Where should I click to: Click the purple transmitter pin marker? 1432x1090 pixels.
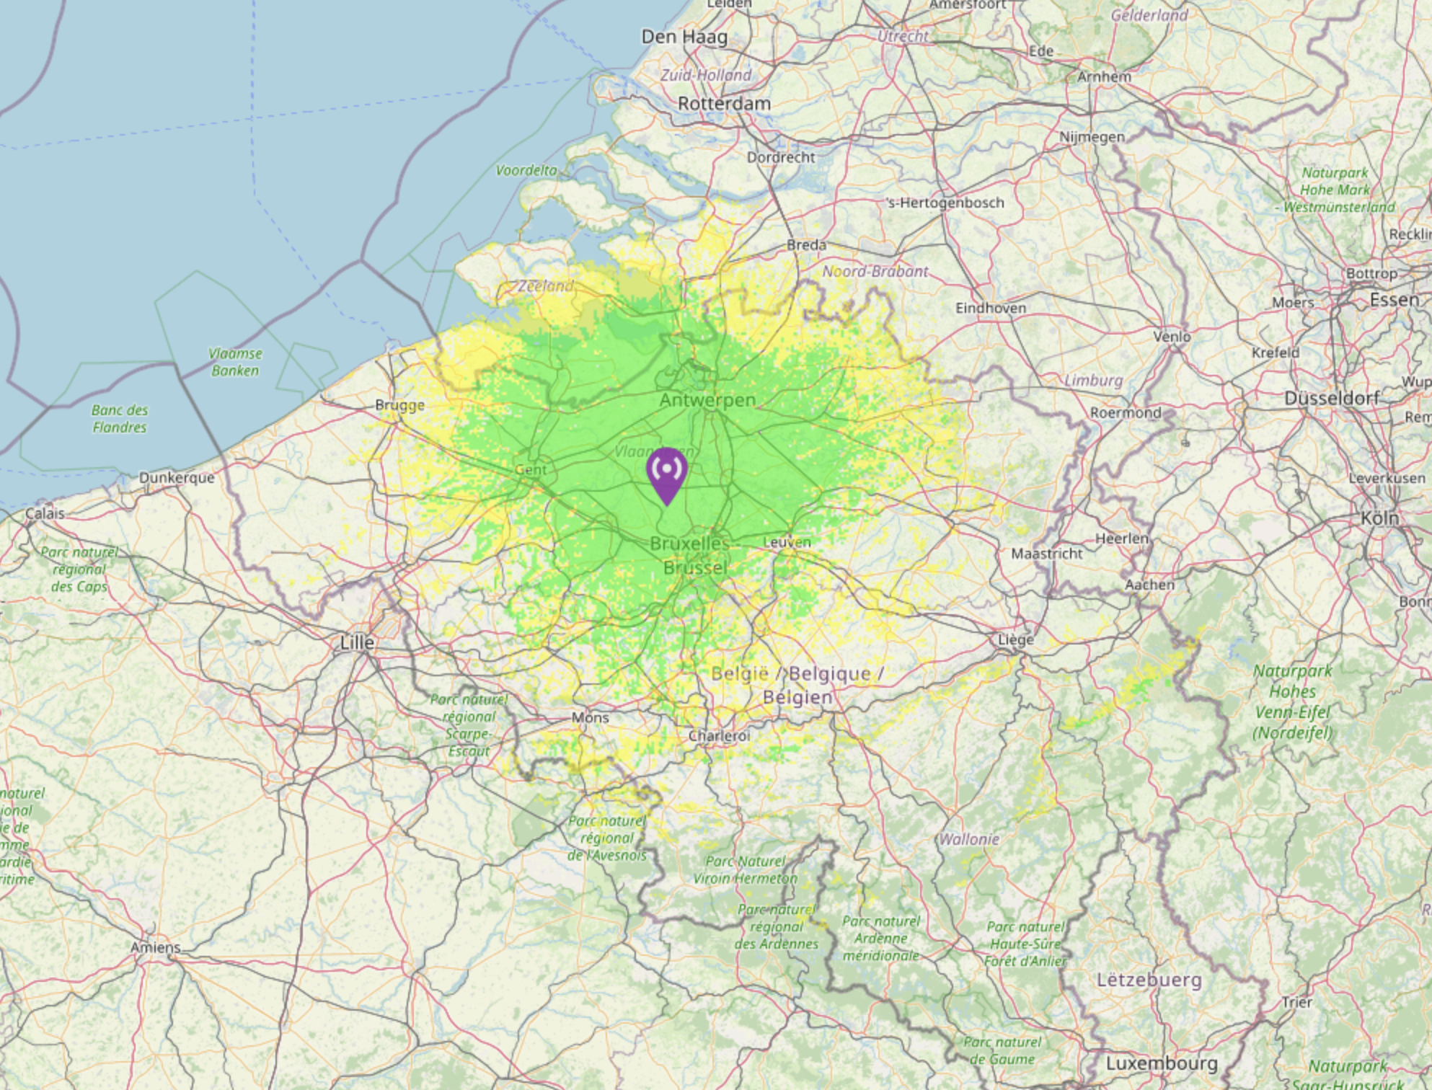click(x=667, y=473)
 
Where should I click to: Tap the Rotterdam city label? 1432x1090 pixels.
click(x=724, y=104)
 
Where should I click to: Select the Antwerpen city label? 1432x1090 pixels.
click(x=707, y=400)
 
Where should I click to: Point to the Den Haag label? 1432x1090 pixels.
click(x=684, y=37)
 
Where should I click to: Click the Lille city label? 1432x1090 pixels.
click(x=357, y=642)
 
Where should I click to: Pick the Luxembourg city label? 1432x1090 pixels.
click(x=1162, y=1063)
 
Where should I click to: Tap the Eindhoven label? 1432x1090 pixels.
click(x=990, y=309)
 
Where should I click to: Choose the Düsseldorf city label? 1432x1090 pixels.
click(x=1331, y=398)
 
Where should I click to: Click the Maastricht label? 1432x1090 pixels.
click(x=1046, y=554)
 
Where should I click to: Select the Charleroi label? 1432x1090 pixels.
click(x=719, y=736)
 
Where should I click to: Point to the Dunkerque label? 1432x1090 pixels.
click(x=177, y=478)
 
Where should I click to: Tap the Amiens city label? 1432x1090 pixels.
click(x=155, y=947)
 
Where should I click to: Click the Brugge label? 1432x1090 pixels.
click(x=399, y=405)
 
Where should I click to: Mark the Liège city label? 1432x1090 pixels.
click(x=1016, y=639)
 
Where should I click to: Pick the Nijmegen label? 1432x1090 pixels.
click(x=1092, y=137)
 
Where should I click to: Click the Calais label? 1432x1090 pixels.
click(x=45, y=514)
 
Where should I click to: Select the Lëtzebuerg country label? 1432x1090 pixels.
click(x=1149, y=980)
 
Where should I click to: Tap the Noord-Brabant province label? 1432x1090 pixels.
click(x=875, y=272)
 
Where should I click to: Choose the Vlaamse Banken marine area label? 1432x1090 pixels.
click(x=235, y=362)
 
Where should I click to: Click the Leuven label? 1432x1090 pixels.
click(x=787, y=542)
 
